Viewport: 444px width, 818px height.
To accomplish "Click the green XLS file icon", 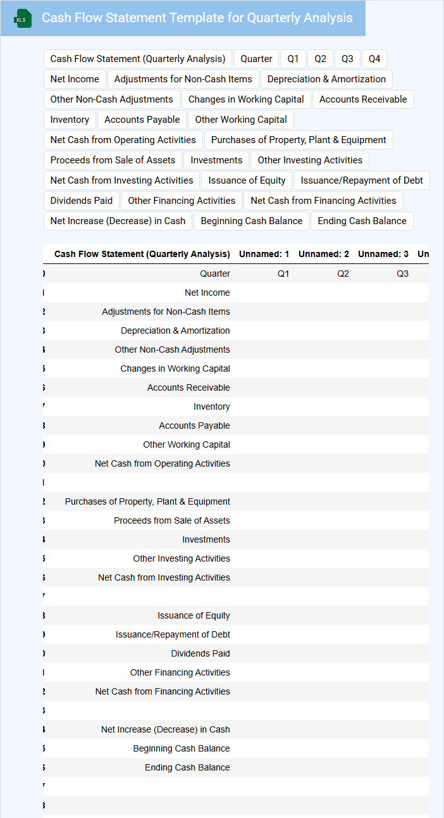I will coord(23,18).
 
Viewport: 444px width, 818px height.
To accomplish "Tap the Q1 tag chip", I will coord(293,59).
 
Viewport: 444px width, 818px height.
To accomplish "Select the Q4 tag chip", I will coord(374,59).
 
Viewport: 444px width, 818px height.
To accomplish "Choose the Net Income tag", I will coord(75,79).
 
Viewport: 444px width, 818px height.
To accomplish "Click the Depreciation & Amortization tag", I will coord(326,79).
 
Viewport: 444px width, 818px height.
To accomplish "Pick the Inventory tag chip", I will coord(70,120).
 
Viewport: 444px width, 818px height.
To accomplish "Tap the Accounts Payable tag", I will coord(142,120).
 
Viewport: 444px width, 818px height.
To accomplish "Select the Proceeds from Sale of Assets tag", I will coord(113,160).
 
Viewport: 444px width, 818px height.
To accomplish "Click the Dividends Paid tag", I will coord(82,201).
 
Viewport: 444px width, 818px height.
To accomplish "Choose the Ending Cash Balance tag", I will coord(362,221).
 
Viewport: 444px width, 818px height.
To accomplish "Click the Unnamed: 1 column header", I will coord(264,254).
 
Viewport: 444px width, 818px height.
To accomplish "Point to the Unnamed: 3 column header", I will coord(383,254).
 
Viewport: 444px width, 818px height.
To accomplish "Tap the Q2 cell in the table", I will coord(343,274).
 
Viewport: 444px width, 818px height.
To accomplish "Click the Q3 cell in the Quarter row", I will coord(402,274).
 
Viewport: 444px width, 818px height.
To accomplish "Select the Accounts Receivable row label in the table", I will coord(188,387).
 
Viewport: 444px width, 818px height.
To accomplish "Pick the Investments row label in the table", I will coord(206,539).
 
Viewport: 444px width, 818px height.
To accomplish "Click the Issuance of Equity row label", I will coord(194,615).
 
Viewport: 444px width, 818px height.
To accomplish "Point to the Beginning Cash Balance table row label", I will coord(182,748).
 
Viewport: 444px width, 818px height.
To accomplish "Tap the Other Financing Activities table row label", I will coord(180,672).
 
